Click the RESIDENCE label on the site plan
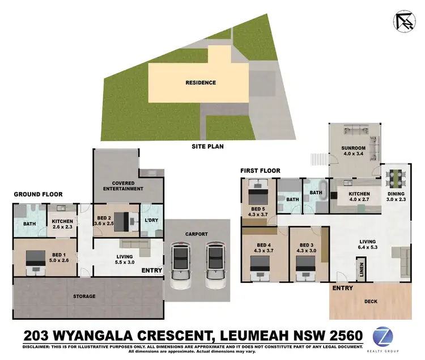[x=201, y=83]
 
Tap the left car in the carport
[x=180, y=265]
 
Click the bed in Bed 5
[x=258, y=193]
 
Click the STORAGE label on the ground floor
[x=84, y=296]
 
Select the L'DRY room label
[x=151, y=220]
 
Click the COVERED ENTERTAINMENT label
[x=119, y=185]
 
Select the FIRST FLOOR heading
[x=260, y=170]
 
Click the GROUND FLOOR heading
[x=38, y=194]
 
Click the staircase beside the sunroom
[x=318, y=159]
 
